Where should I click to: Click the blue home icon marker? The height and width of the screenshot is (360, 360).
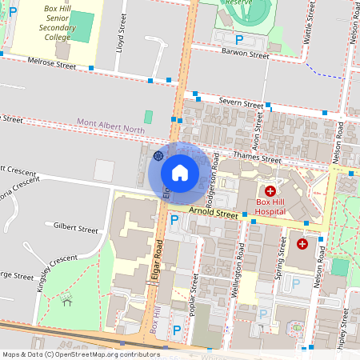click(x=180, y=172)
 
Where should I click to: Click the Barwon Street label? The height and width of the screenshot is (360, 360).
click(x=246, y=55)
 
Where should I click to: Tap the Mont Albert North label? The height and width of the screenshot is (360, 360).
click(x=111, y=122)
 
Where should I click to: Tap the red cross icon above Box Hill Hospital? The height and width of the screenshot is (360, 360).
click(x=270, y=191)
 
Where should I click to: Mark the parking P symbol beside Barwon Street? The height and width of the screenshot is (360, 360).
click(x=238, y=39)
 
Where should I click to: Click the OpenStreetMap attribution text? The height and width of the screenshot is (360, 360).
click(x=80, y=354)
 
